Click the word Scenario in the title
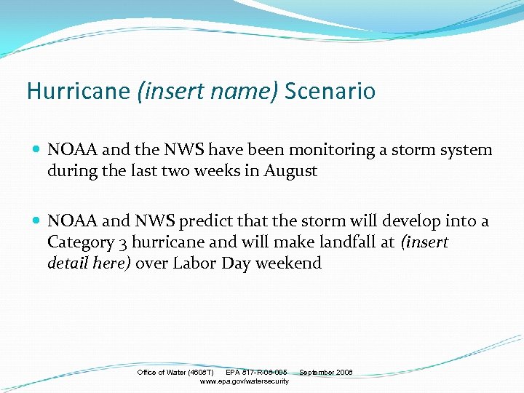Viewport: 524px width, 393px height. tap(330, 92)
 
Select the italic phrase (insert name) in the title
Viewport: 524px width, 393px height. tap(208, 92)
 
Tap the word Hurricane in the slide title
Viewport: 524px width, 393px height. tap(79, 92)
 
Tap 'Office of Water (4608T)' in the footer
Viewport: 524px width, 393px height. tap(175, 373)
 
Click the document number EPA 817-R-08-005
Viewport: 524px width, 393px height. tap(256, 373)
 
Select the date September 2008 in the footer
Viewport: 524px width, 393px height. tap(325, 373)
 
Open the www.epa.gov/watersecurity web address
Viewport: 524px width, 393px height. tap(244, 381)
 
